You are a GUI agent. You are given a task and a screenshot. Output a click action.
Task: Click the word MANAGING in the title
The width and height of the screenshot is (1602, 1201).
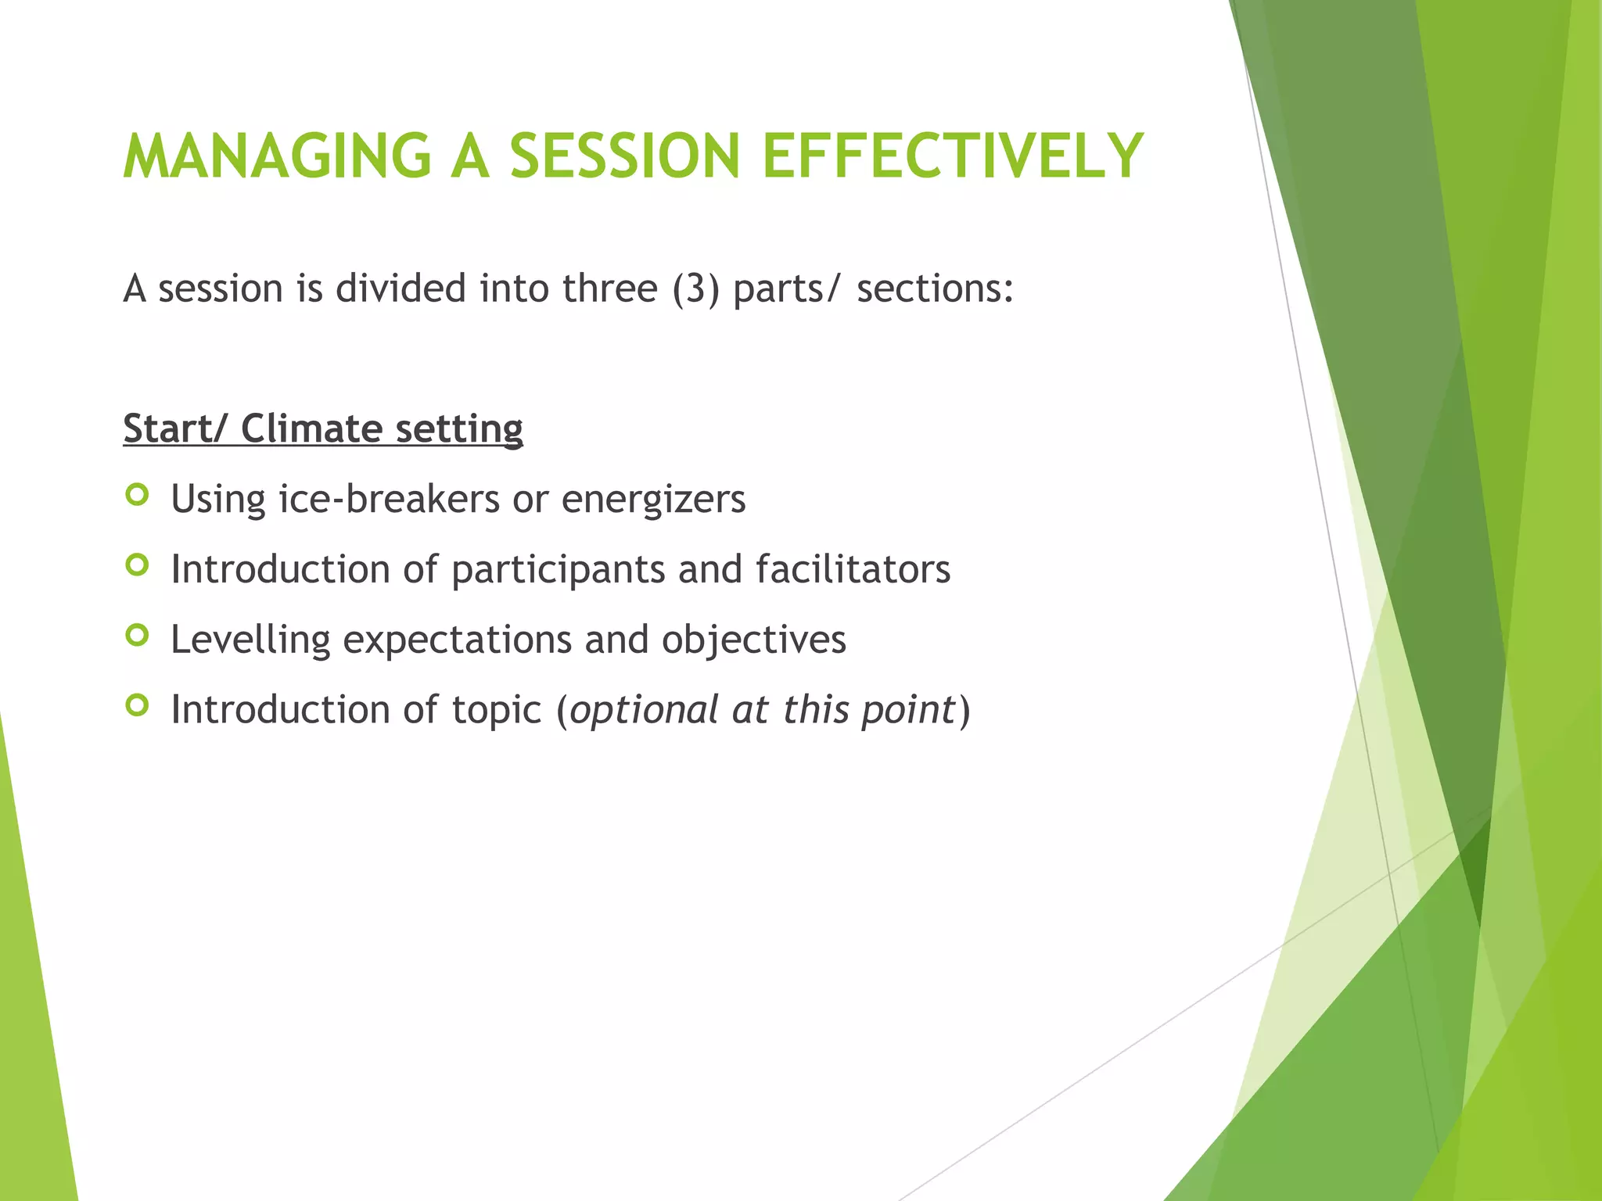[x=278, y=156]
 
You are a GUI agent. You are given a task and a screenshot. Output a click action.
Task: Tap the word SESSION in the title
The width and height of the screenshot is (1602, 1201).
[x=624, y=156]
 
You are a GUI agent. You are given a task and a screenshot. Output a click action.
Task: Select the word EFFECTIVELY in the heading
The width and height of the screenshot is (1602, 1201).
[x=953, y=156]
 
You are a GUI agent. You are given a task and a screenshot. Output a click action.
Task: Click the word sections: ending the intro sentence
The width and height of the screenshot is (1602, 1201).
[x=935, y=289]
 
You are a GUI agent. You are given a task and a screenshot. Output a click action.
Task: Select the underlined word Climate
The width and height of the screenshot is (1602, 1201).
[x=311, y=428]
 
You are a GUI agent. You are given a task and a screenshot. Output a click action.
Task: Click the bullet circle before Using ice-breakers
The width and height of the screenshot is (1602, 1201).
[x=137, y=495]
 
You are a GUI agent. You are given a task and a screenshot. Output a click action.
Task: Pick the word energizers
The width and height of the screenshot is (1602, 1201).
[x=653, y=499]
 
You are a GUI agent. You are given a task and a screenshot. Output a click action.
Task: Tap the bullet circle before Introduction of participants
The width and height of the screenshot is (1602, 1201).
[x=137, y=565]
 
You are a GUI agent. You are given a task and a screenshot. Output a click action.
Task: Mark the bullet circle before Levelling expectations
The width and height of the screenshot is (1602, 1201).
[x=137, y=636]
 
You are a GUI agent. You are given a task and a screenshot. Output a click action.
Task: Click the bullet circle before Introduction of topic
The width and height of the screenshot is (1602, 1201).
[x=137, y=706]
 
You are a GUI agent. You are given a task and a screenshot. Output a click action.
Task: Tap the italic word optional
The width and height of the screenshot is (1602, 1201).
[x=644, y=711]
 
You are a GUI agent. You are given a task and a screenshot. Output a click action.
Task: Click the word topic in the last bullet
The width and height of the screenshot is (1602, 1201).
[x=497, y=711]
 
